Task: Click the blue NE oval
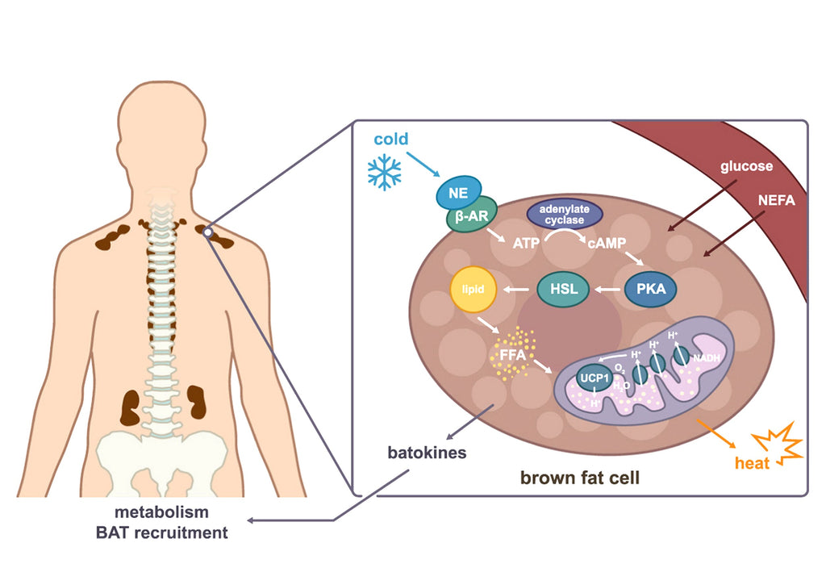pos(459,193)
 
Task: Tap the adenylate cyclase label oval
pos(565,214)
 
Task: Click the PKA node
pos(651,289)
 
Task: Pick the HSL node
pos(563,289)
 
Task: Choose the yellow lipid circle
pos(473,290)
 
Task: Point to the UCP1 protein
pos(594,378)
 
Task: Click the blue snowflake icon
pos(385,172)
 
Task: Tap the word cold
pos(391,139)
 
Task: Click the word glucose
pos(746,166)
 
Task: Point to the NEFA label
pos(776,200)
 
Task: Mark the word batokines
pos(427,453)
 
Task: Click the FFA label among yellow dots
pos(512,355)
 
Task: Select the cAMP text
pos(607,243)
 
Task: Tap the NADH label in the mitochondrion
pos(707,358)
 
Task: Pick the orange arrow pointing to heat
pos(716,433)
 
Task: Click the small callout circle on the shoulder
pos(208,232)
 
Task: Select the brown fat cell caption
pos(579,478)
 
